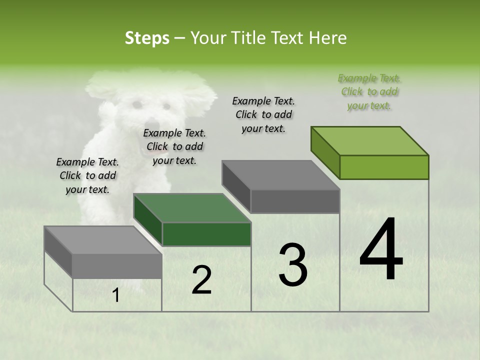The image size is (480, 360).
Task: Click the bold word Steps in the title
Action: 147,38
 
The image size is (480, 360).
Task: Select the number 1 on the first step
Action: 116,295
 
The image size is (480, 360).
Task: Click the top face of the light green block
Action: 370,140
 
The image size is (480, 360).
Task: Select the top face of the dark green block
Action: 192,208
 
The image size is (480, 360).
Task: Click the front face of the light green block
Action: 384,167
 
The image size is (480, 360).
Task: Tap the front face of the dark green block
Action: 206,234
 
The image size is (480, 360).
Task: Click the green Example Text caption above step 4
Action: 369,92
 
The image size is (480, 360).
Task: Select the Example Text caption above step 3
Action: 263,114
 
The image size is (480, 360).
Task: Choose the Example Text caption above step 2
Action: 174,146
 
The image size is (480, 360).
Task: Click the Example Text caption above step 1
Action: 87,175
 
